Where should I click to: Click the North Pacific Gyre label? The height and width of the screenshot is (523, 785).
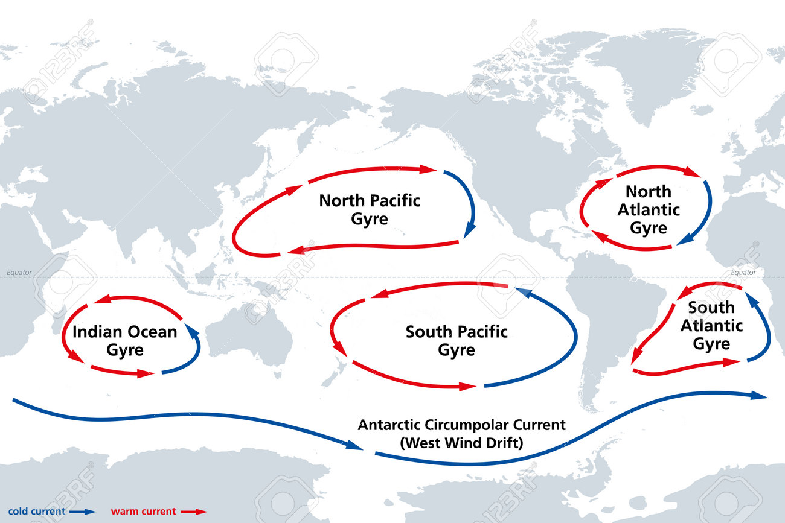(370, 209)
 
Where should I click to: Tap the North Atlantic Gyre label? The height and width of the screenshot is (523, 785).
(648, 209)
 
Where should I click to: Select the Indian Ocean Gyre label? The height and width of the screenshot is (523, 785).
(124, 340)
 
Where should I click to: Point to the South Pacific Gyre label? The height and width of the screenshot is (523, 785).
(457, 340)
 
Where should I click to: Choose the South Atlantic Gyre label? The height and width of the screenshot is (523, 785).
(711, 326)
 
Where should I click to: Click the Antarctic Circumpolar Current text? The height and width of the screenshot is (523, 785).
(462, 425)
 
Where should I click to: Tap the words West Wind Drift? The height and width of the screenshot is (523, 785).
(462, 443)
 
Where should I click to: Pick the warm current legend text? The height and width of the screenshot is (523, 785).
(143, 512)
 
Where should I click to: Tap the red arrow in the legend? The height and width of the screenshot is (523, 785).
(194, 512)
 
